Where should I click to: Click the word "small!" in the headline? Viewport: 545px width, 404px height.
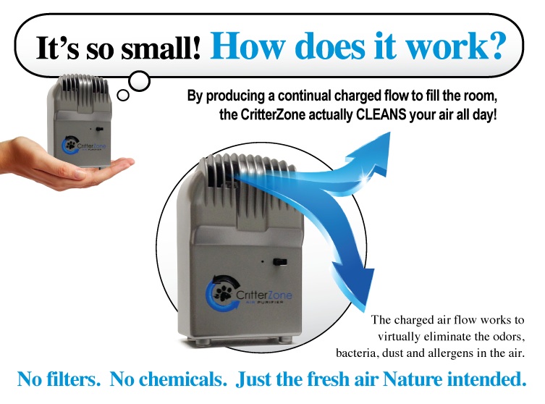coord(161,48)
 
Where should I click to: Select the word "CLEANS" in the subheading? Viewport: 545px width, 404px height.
coord(381,114)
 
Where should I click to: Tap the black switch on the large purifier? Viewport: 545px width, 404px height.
coord(280,262)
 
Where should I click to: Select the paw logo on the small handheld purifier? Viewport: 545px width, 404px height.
coord(70,145)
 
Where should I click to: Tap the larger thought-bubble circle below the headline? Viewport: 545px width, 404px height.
coord(140,81)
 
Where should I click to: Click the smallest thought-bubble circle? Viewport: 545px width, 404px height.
coord(123,95)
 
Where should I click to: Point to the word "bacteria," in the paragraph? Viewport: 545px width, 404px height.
coord(356,353)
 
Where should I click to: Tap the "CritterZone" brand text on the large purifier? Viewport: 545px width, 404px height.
coord(263,295)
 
